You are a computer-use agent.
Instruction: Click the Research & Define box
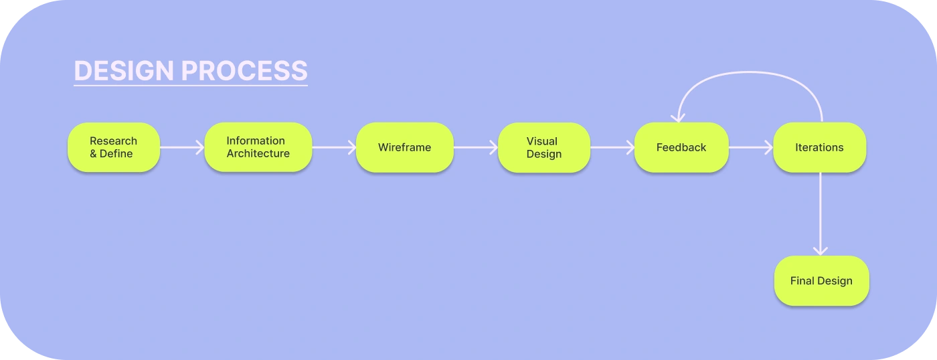click(114, 147)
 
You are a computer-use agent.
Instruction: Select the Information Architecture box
click(258, 147)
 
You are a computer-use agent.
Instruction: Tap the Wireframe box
click(404, 147)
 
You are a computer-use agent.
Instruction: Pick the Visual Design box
click(543, 147)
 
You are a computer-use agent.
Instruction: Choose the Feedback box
click(681, 147)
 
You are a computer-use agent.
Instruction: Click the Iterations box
click(819, 147)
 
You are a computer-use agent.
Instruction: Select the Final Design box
click(821, 281)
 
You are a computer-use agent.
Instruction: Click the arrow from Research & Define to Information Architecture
click(181, 147)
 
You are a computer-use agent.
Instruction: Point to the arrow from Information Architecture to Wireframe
click(333, 147)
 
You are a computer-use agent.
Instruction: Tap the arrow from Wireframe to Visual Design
click(475, 147)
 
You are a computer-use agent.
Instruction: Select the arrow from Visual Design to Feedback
click(612, 147)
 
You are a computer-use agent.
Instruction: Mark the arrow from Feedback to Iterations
click(750, 147)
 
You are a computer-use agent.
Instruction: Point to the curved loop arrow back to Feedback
click(750, 73)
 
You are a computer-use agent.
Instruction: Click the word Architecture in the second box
click(258, 154)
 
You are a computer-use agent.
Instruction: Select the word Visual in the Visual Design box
click(542, 141)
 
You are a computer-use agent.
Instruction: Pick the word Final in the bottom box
click(802, 281)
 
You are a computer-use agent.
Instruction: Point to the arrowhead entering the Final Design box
click(820, 250)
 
